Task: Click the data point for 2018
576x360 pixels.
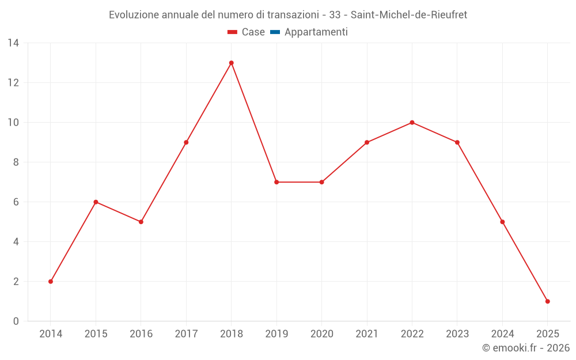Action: click(231, 63)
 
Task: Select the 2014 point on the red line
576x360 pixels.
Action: click(51, 282)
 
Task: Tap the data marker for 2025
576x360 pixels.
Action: click(547, 301)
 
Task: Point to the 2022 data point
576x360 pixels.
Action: click(412, 123)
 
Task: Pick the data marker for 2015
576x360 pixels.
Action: click(96, 202)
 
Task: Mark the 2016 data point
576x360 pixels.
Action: click(141, 222)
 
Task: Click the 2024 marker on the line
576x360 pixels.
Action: click(502, 222)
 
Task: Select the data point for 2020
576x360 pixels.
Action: click(321, 182)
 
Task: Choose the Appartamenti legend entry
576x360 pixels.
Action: click(316, 32)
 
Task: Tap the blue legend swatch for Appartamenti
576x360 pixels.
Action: click(275, 32)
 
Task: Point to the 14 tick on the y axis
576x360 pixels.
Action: click(13, 43)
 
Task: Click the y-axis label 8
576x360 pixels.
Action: click(16, 162)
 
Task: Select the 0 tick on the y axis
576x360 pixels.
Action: click(16, 321)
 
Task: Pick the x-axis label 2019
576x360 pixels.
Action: click(276, 334)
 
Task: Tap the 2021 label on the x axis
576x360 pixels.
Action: click(367, 334)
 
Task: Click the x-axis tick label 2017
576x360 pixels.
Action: click(186, 334)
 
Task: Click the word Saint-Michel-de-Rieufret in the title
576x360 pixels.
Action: click(408, 14)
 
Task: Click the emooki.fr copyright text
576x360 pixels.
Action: click(526, 348)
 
